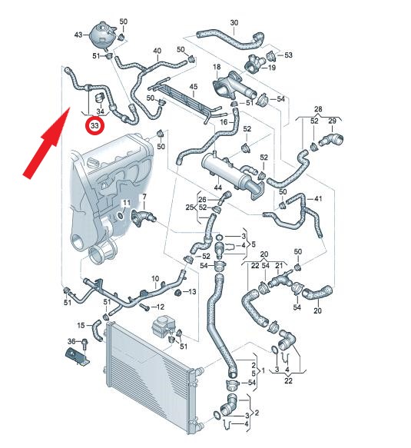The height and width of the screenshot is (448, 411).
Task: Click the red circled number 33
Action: [94, 125]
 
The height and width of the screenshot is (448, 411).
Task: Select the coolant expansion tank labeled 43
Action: [102, 35]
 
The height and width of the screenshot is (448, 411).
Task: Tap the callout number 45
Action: [194, 87]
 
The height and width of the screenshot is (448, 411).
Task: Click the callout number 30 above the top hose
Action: [234, 22]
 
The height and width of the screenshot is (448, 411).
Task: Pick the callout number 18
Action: [217, 67]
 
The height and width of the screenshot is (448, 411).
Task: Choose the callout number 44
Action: [218, 187]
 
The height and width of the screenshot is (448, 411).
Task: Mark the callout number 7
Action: [144, 197]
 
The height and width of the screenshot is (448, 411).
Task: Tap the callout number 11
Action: [126, 203]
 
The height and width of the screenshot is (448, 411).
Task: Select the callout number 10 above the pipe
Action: [155, 278]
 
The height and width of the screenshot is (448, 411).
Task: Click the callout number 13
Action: [193, 291]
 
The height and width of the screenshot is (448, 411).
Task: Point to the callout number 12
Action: [161, 307]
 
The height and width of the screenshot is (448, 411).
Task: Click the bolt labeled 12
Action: [144, 307]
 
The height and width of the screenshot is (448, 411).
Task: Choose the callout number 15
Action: [81, 325]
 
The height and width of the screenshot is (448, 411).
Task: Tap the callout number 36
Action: [71, 341]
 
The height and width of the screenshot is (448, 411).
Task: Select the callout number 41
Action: [318, 198]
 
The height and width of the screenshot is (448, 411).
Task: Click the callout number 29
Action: [332, 121]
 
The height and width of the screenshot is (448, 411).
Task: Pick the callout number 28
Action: [318, 109]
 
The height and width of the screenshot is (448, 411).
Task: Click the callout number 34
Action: [100, 111]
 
